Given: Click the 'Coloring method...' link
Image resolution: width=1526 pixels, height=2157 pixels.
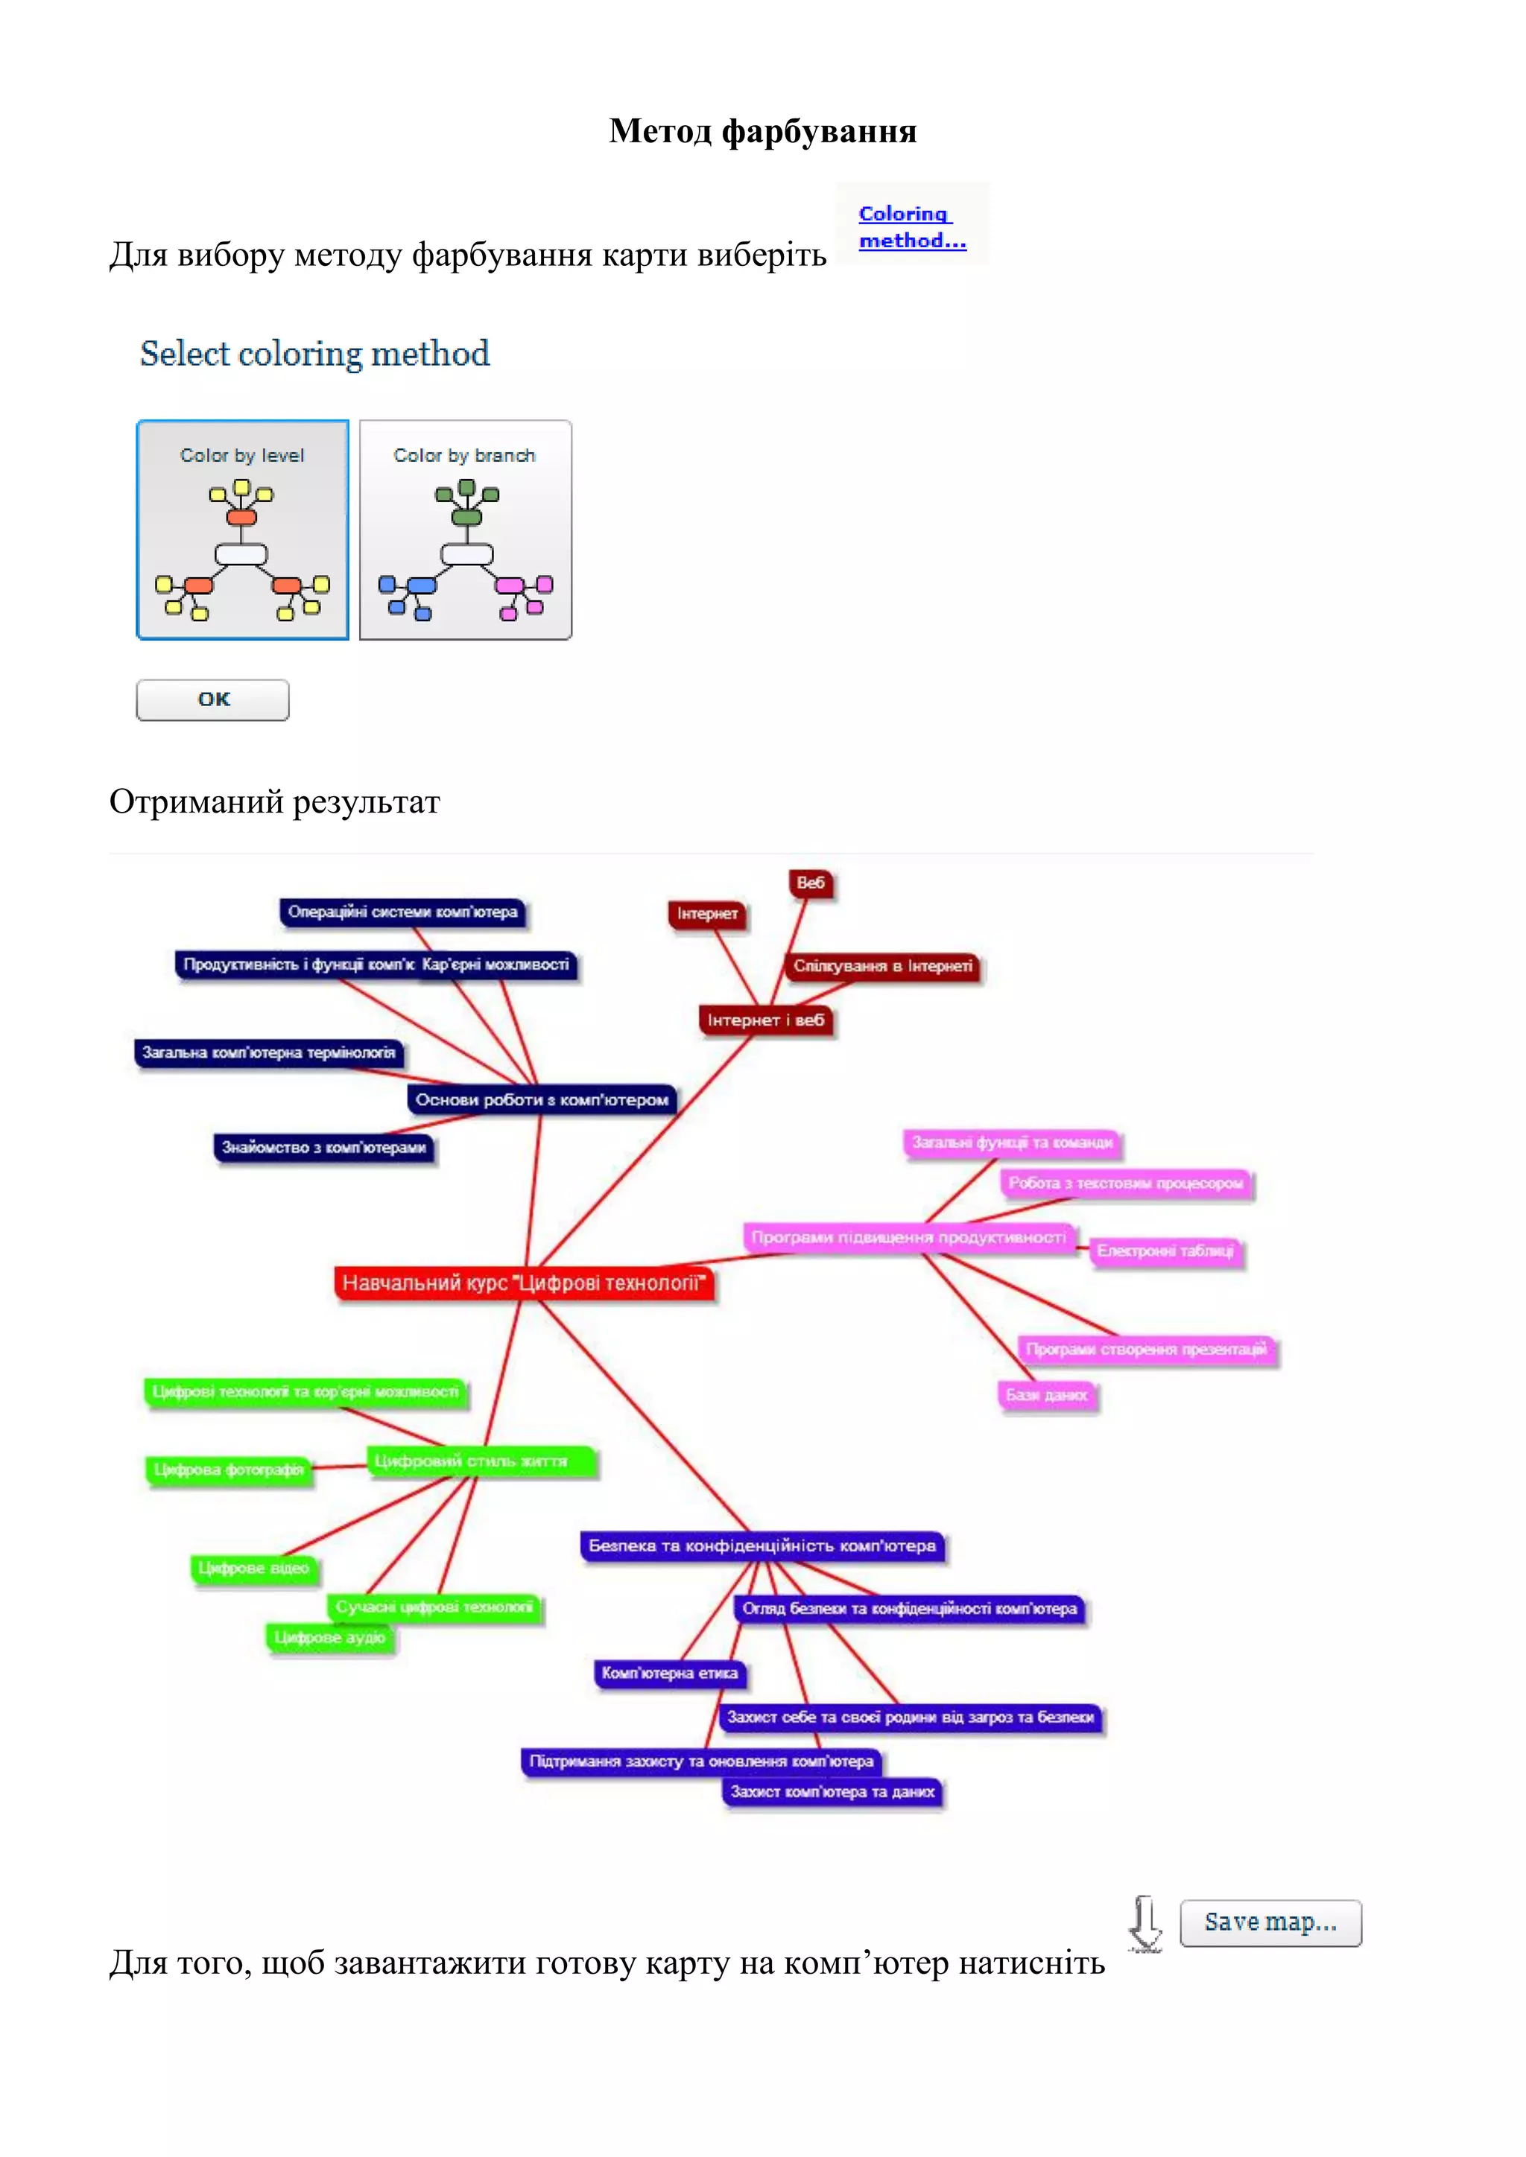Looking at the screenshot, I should pos(911,226).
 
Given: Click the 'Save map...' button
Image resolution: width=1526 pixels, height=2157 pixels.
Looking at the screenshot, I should pos(1270,1922).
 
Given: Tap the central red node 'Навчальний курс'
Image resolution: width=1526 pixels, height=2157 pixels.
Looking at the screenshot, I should pos(523,1283).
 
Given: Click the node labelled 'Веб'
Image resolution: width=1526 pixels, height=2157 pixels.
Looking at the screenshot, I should pos(810,883).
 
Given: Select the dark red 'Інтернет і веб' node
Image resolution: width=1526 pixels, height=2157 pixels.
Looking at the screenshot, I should pos(765,1020).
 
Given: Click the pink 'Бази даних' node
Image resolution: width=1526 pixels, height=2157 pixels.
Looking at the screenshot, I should pos(1046,1395).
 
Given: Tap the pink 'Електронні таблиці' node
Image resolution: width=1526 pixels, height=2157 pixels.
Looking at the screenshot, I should pos(1165,1251).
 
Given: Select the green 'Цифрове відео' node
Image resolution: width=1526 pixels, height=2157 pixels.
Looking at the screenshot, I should pos(253,1568).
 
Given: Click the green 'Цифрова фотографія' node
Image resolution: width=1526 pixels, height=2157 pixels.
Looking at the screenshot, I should pos(228,1470).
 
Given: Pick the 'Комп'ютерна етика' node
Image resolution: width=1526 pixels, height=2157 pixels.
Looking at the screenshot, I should pos(669,1673).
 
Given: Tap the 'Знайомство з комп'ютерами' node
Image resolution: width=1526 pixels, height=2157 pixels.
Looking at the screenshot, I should pos(323,1147).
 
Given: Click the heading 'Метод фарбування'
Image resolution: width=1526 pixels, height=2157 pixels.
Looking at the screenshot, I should pos(762,130).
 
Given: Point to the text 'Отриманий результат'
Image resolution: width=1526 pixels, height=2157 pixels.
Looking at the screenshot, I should pos(274,801).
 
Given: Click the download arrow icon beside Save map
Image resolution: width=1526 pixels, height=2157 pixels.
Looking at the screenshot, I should pos(1144,1923).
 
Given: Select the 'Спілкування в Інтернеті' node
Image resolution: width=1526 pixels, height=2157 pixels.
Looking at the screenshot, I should pos(881,966).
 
